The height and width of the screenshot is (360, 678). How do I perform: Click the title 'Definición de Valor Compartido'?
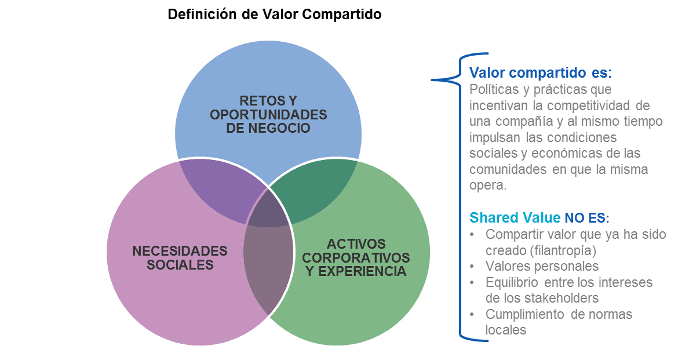click(275, 14)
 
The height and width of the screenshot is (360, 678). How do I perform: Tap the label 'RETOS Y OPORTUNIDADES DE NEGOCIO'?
click(268, 114)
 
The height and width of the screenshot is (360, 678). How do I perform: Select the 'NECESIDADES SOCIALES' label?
click(180, 258)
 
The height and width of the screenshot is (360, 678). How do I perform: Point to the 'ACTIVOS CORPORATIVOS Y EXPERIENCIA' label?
click(356, 257)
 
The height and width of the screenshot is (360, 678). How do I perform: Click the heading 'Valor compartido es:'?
click(540, 73)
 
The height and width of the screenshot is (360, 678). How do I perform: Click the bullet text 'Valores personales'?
click(542, 266)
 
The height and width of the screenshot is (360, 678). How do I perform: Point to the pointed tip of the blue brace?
click(432, 80)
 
